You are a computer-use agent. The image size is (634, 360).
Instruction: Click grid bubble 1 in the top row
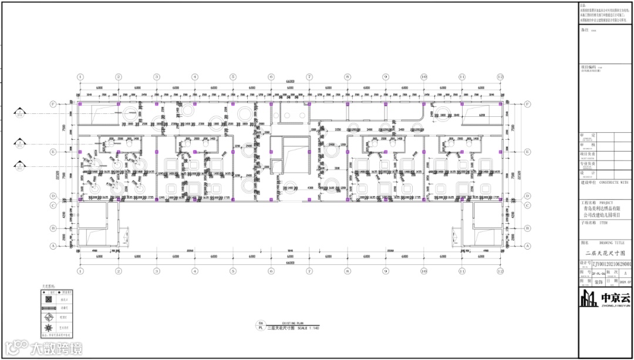click(x=80, y=77)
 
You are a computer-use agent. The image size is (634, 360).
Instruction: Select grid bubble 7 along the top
click(x=309, y=77)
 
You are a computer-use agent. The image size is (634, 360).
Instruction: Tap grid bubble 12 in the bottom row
click(x=500, y=272)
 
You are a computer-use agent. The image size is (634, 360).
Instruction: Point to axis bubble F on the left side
click(x=53, y=105)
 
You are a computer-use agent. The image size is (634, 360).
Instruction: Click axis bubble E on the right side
click(x=527, y=152)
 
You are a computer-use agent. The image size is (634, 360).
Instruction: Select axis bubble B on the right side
click(x=527, y=228)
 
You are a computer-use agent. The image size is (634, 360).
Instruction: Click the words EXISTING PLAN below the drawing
click(x=292, y=323)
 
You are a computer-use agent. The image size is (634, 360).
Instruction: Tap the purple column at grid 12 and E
click(x=500, y=152)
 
